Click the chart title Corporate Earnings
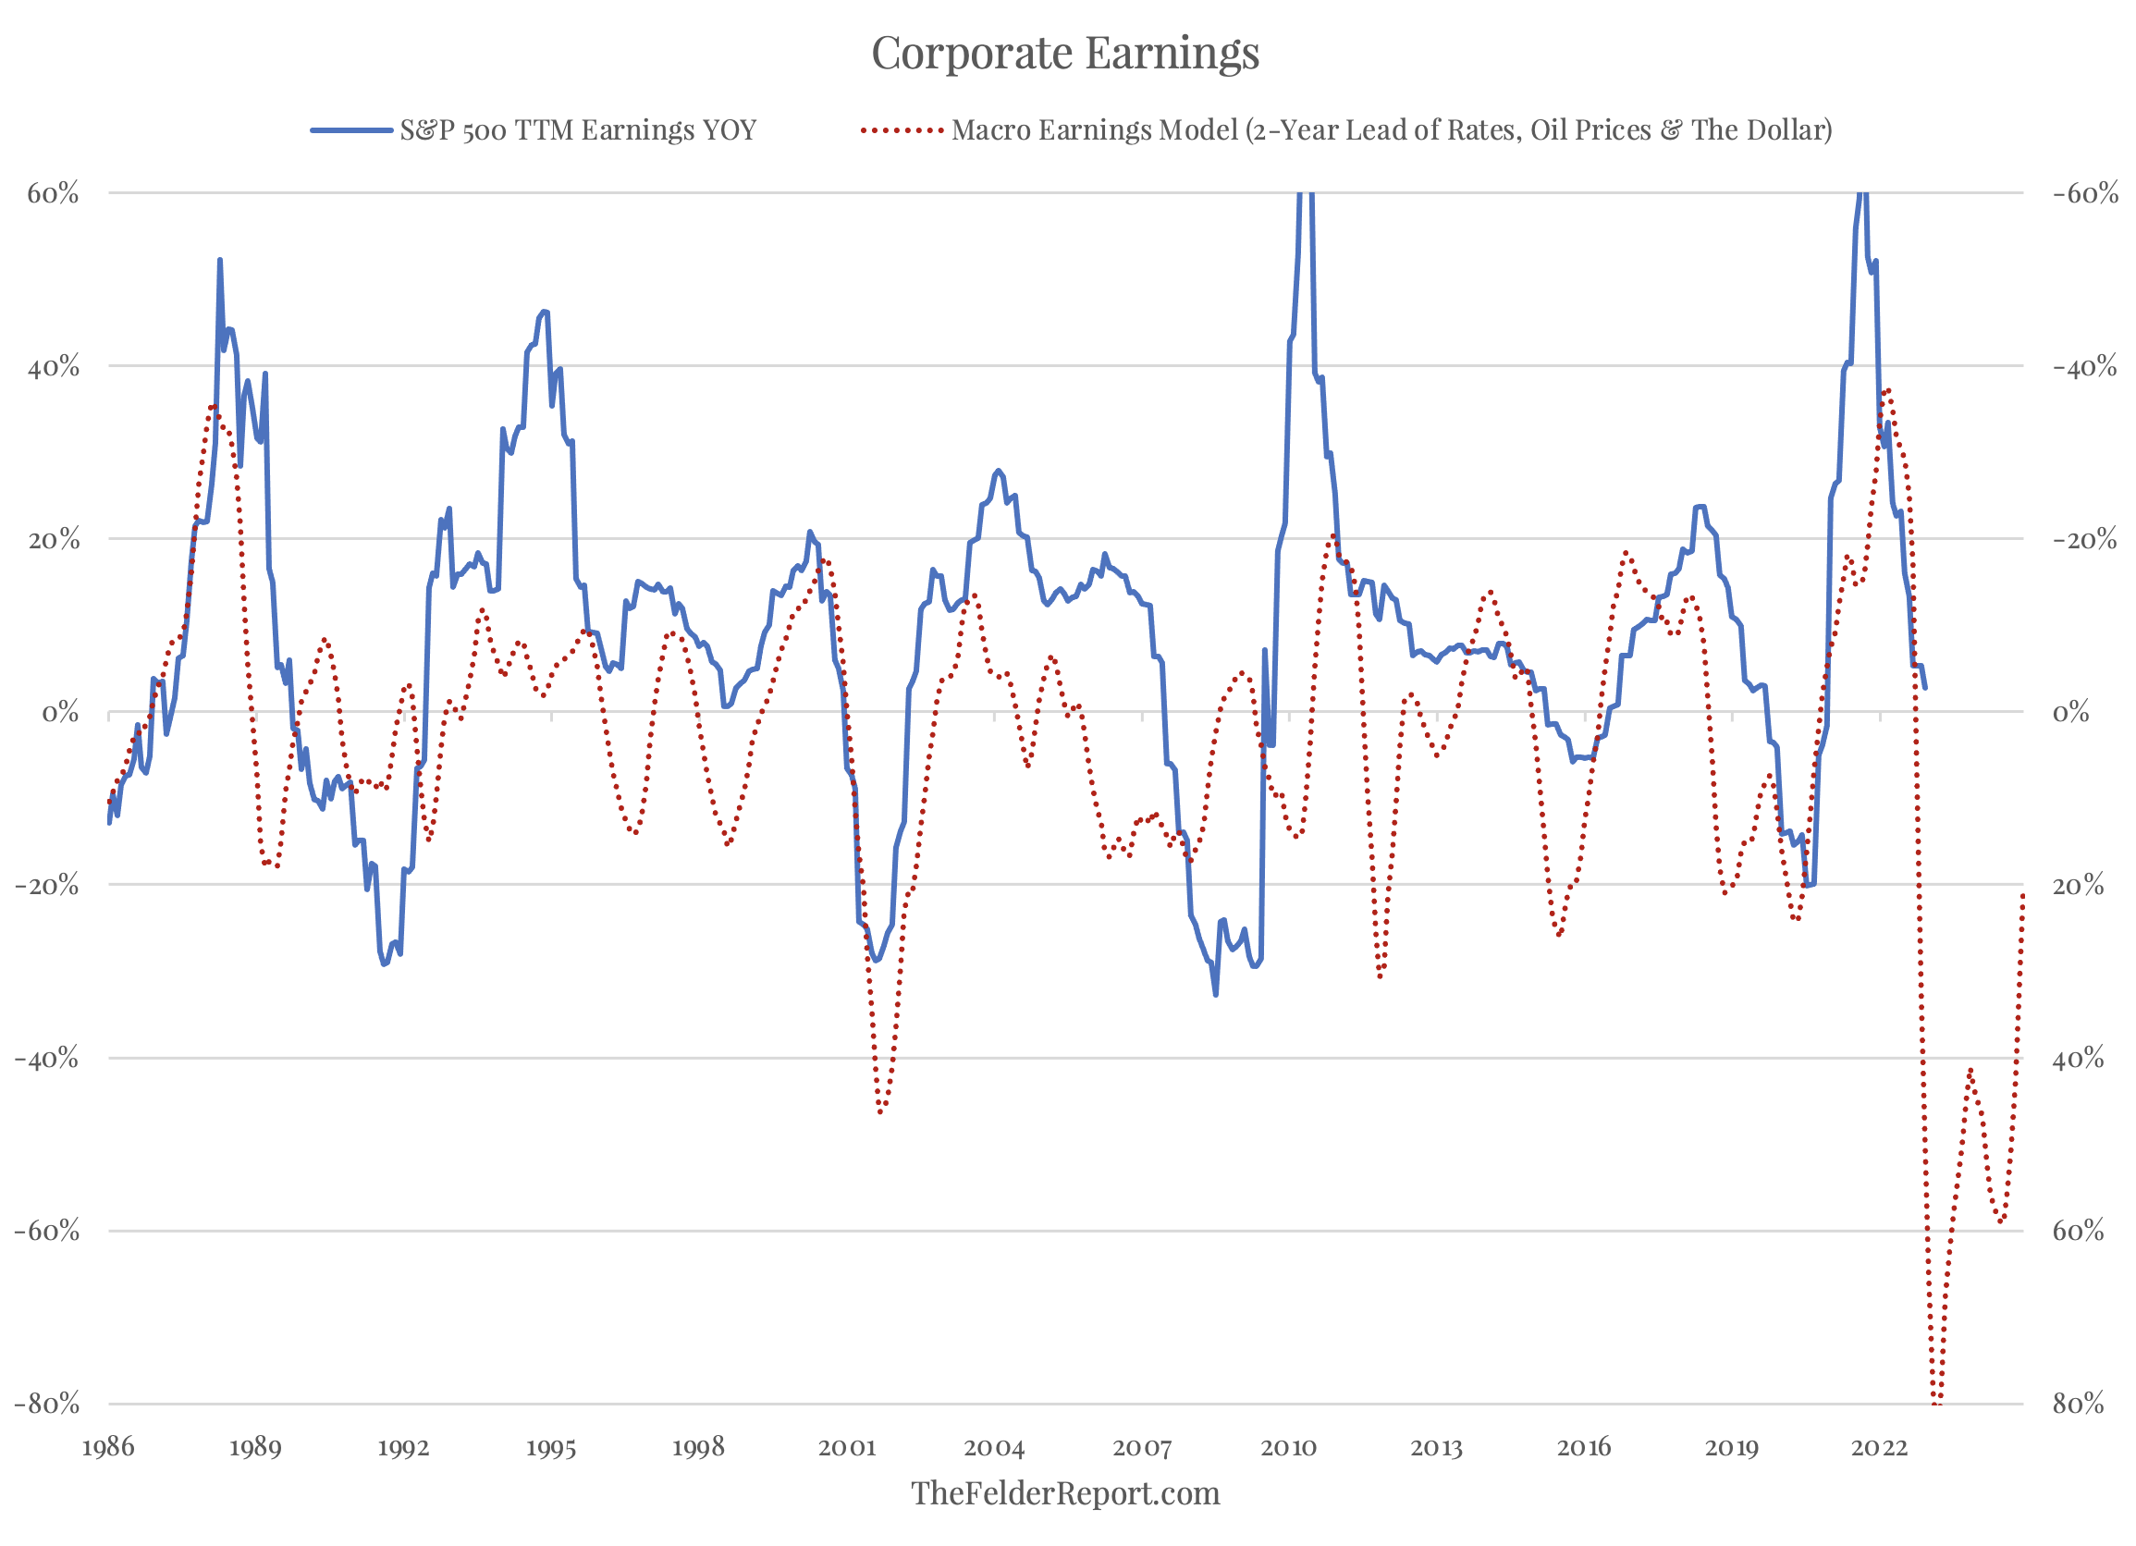[x=1065, y=53]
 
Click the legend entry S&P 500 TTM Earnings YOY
[x=577, y=130]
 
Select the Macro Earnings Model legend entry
[x=1391, y=130]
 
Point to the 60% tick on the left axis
[x=53, y=194]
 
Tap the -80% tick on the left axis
[x=47, y=1404]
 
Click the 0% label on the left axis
[x=60, y=713]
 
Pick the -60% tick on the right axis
[x=2085, y=194]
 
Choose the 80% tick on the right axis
[x=2078, y=1404]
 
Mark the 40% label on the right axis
[x=2078, y=1059]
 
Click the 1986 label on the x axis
[x=108, y=1447]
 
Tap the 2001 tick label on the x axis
[x=847, y=1447]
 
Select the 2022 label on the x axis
[x=1879, y=1447]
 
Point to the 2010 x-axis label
[x=1288, y=1447]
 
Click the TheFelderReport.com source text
[x=1065, y=1493]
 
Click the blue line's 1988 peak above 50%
[x=219, y=260]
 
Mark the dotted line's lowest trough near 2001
[x=880, y=1112]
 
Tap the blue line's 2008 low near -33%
[x=1216, y=994]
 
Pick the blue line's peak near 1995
[x=544, y=311]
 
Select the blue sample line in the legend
[x=351, y=130]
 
